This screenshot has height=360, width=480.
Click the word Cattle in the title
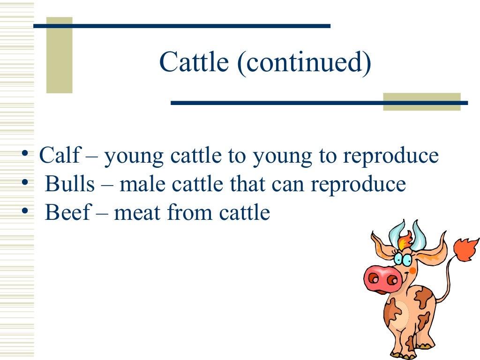coord(194,62)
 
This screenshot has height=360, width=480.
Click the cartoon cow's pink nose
coord(382,278)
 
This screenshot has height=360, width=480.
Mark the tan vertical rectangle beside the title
coord(60,55)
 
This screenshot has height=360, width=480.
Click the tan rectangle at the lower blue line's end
coord(421,102)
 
